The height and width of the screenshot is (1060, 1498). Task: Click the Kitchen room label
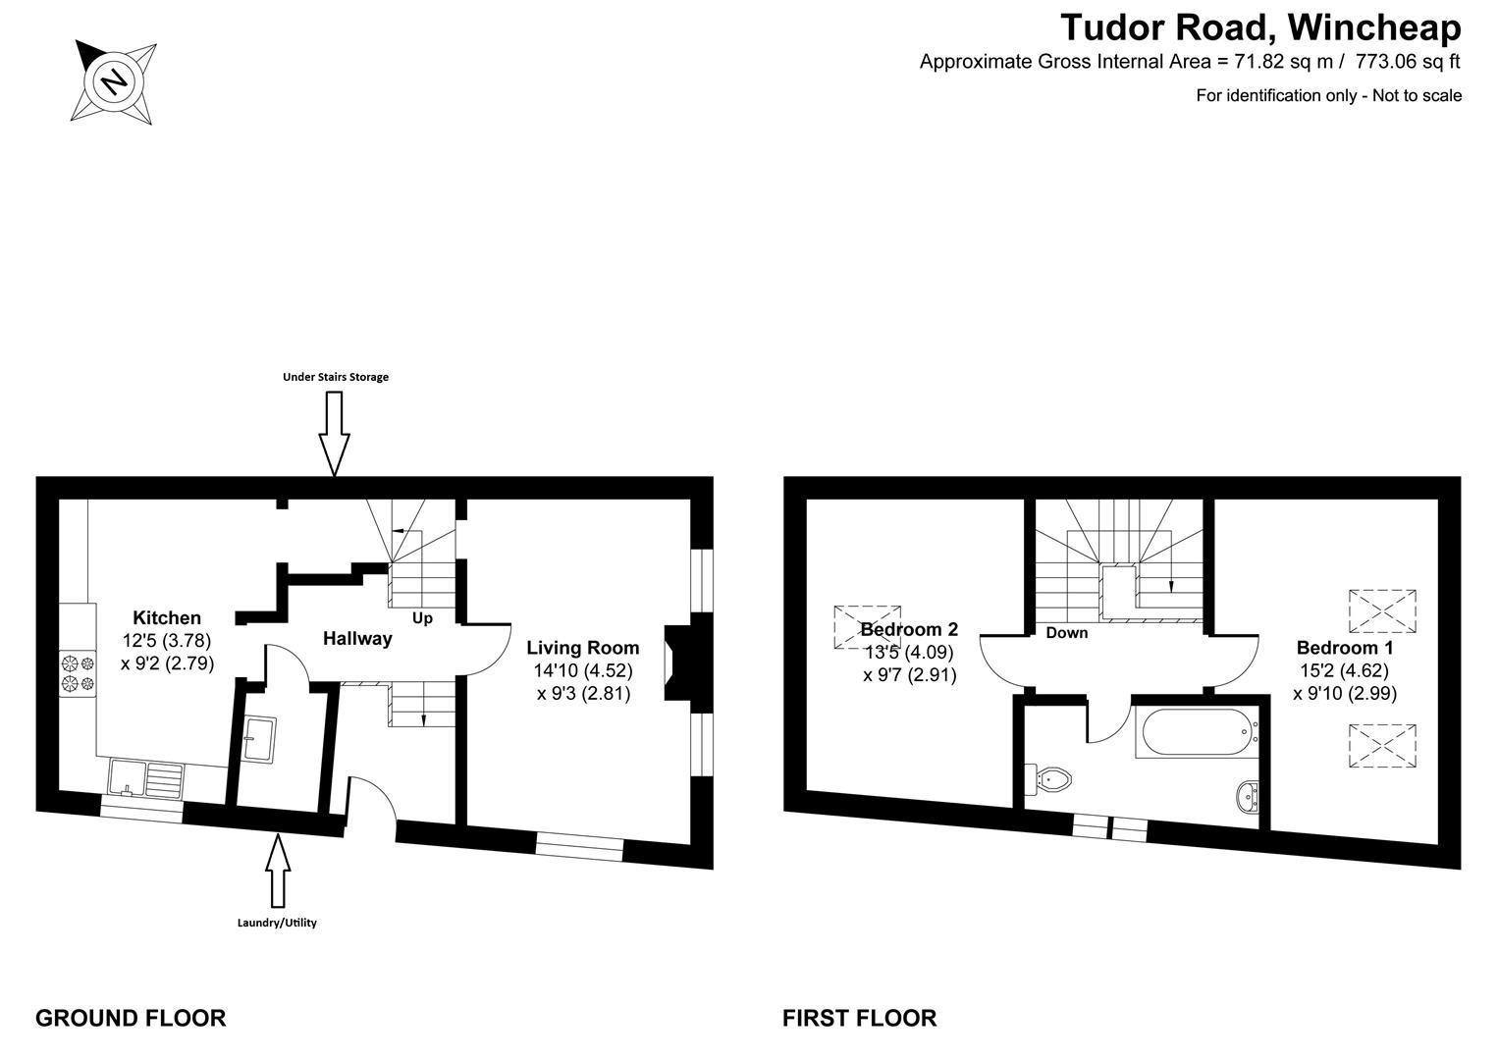point(167,617)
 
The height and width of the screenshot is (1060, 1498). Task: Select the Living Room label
point(582,648)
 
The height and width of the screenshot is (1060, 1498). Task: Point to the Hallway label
point(357,638)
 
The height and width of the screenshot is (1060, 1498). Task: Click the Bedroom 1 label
point(1344,648)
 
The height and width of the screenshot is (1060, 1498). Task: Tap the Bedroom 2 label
point(908,629)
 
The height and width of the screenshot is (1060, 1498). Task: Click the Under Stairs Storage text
point(336,377)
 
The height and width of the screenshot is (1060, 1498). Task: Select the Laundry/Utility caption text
point(277,923)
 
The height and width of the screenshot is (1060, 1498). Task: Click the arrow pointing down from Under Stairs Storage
point(335,433)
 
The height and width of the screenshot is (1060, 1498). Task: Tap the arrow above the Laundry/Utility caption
point(279,870)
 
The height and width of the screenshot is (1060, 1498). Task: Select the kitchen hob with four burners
point(78,671)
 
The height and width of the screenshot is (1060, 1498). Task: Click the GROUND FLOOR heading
point(131,1018)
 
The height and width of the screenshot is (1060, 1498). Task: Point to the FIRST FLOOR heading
point(859,1018)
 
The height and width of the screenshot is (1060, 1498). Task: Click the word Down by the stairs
point(1066,633)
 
